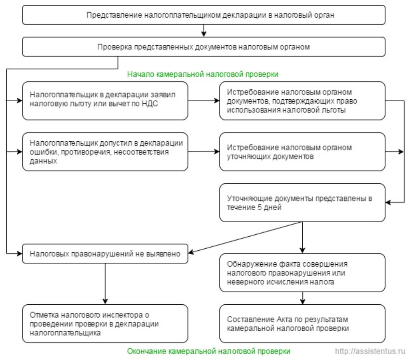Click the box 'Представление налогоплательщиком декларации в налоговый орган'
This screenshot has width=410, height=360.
tap(204, 15)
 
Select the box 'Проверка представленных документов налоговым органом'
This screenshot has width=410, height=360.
tap(204, 47)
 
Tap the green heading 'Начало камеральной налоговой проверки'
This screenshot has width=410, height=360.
tap(203, 74)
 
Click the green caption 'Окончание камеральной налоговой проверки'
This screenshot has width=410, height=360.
tap(209, 351)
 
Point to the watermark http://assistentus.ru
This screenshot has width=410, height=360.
tap(370, 351)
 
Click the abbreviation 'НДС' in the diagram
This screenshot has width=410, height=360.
tap(150, 104)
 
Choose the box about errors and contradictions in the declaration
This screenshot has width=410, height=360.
tap(105, 152)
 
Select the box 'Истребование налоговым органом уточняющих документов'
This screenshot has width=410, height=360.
tap(302, 152)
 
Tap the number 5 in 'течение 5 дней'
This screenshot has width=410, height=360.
tap(259, 207)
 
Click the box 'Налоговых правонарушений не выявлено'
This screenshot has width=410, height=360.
tap(105, 253)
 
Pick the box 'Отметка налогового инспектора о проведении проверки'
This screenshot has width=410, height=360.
tap(105, 324)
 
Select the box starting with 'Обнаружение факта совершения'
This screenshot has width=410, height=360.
tap(302, 273)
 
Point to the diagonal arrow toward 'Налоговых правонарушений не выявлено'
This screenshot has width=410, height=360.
tap(245, 237)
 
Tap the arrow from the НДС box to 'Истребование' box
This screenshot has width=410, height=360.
tap(204, 101)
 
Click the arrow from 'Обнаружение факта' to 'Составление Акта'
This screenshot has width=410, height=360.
tap(303, 298)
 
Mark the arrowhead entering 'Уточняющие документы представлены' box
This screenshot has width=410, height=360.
tap(388, 202)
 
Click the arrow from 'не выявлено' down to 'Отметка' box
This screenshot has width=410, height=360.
tap(105, 284)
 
